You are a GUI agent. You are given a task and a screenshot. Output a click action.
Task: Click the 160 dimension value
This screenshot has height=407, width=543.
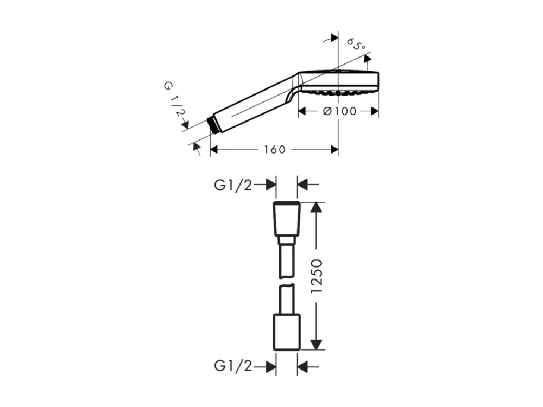(275, 150)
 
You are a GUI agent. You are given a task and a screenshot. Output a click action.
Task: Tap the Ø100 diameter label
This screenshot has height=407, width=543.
(339, 111)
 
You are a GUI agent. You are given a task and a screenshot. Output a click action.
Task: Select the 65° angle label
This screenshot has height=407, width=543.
(356, 44)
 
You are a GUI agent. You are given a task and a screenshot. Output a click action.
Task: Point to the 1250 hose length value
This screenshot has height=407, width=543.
(317, 276)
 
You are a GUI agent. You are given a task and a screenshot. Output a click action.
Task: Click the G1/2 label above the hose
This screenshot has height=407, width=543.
(233, 186)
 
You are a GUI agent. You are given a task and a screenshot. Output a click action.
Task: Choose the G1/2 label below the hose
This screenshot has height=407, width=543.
(233, 366)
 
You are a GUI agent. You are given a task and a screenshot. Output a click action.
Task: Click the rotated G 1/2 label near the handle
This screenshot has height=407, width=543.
(175, 99)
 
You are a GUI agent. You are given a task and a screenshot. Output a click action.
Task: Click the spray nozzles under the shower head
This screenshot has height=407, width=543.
(333, 92)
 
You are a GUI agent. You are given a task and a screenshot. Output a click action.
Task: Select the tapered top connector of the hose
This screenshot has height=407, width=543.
(287, 219)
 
